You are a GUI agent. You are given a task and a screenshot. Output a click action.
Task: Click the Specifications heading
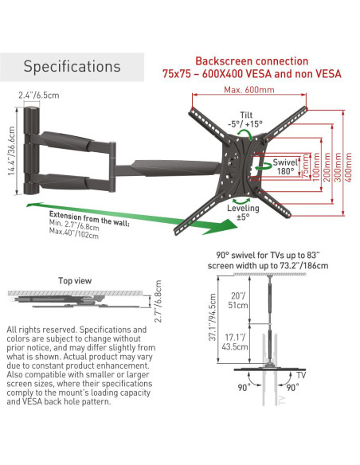pos(72,66)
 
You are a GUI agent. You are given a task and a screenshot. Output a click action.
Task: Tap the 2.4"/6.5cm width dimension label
pos(39,96)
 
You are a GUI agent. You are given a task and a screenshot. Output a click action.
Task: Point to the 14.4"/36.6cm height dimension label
pos(12,150)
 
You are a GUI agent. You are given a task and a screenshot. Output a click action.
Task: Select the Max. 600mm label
pos(249,89)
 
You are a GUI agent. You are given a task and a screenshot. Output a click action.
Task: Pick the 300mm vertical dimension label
pos(338,167)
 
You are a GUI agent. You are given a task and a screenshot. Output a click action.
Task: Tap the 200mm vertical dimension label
pos(327,167)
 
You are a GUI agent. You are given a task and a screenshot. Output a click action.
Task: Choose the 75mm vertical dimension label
pos(306,166)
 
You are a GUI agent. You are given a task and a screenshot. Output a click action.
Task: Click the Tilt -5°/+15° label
pos(245,119)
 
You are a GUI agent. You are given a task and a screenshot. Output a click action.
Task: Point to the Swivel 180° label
pos(285,166)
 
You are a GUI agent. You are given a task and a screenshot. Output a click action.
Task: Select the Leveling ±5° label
pos(243,213)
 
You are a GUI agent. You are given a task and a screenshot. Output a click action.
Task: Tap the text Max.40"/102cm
pos(74,233)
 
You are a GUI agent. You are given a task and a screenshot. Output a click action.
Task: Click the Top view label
pos(75,280)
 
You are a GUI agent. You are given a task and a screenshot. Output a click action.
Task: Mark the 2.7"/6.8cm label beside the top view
pos(158,301)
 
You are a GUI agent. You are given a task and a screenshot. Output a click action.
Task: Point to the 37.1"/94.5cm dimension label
pos(213,318)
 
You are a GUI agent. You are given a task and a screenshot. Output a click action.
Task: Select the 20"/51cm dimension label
pos(237,300)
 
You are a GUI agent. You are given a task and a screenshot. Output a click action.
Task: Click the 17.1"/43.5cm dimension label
pos(235,342)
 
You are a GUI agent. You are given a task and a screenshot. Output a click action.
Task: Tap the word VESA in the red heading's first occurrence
pos(258,73)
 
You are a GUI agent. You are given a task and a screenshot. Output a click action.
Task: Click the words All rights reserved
pos(41,330)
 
